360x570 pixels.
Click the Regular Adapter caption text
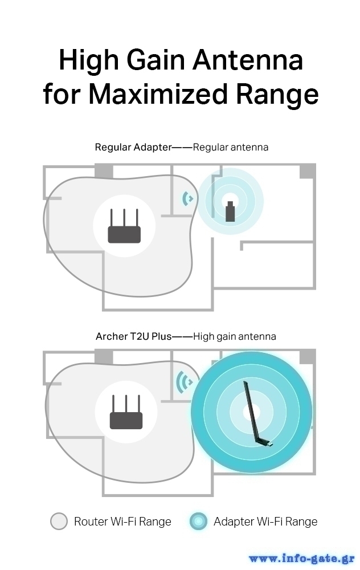(x=133, y=147)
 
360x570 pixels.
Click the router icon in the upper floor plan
(x=124, y=227)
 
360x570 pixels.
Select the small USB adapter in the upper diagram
(x=230, y=211)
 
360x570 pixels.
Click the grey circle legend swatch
(x=59, y=521)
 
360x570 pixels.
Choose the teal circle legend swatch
(x=198, y=521)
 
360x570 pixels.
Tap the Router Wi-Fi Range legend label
(x=122, y=521)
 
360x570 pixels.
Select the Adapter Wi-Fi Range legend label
(x=265, y=521)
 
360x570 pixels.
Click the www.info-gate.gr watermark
(x=302, y=559)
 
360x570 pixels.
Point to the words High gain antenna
(x=235, y=336)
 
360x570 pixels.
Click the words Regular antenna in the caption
(x=231, y=147)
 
